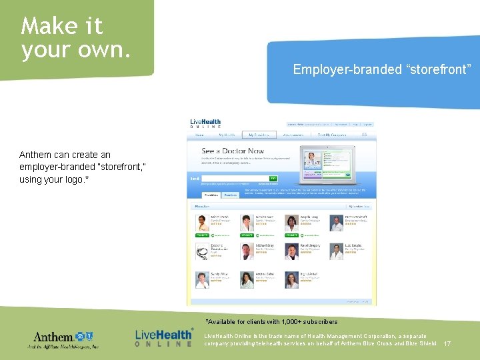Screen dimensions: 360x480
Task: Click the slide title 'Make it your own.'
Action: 75,38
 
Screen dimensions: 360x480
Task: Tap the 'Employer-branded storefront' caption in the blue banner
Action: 382,69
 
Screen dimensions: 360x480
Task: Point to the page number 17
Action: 447,344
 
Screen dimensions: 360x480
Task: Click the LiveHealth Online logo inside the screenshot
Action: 205,124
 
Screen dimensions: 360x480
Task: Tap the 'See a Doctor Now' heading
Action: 233,151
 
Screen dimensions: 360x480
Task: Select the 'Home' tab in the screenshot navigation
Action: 199,135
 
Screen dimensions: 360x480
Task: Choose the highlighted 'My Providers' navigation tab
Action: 257,135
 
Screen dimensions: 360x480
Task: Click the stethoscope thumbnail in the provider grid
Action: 202,252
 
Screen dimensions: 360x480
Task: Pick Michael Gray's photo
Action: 247,252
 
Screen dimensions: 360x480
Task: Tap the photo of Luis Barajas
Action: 336,252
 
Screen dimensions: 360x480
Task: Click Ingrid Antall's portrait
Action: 291,280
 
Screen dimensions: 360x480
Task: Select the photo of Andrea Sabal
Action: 247,280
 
